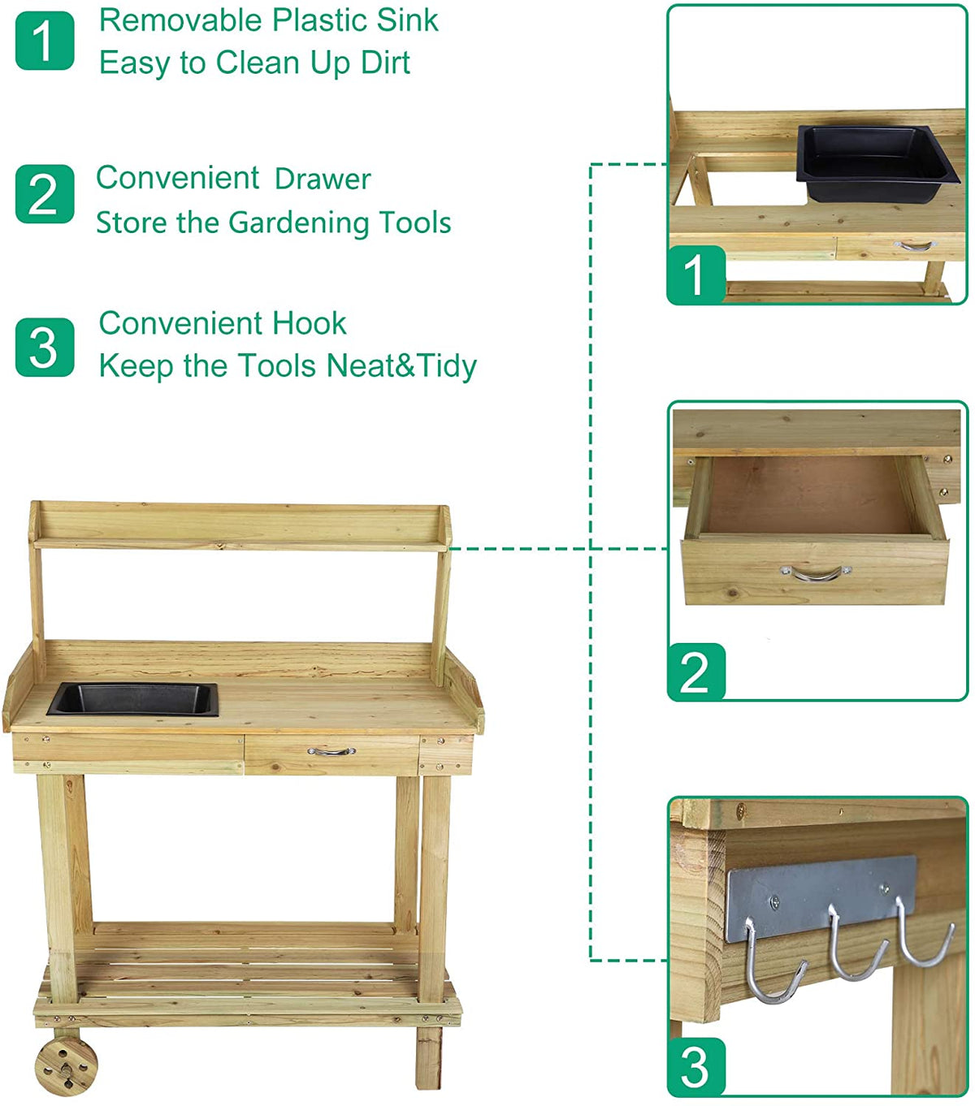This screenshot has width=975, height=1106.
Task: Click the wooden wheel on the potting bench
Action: point(66,1064)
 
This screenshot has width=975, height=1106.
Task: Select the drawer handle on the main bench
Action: point(331,752)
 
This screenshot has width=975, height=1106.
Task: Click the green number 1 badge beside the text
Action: point(45,41)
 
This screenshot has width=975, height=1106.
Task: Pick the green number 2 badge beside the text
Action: point(45,194)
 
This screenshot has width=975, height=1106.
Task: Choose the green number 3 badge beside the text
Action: point(45,348)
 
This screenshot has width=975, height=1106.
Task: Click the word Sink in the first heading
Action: point(407,20)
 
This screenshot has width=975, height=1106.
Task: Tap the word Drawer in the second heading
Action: point(323,179)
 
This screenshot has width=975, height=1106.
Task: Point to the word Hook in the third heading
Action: point(309,323)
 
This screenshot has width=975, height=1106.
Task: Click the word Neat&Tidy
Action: point(401,365)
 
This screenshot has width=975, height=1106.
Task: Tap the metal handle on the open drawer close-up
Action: point(817,574)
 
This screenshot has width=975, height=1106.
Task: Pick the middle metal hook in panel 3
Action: point(853,950)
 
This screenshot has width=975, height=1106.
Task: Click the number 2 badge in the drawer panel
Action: point(695,672)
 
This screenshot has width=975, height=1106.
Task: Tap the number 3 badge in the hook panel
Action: point(695,1066)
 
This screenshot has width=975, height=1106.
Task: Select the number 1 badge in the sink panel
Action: point(695,274)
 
